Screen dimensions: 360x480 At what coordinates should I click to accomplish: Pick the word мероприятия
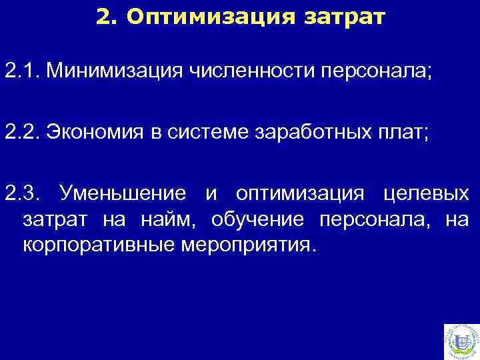(245, 244)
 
